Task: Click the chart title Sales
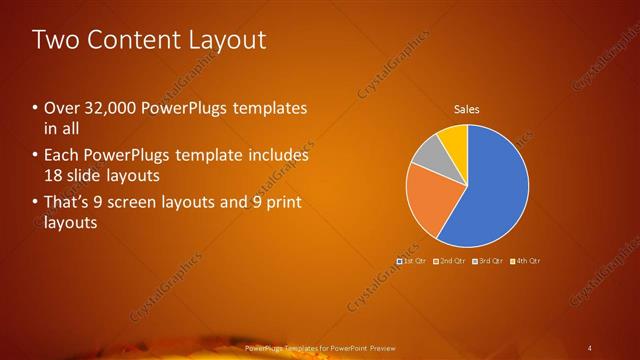tap(467, 108)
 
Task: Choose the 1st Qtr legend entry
tap(413, 261)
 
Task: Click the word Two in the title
tap(52, 40)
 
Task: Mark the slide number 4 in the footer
tap(590, 347)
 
